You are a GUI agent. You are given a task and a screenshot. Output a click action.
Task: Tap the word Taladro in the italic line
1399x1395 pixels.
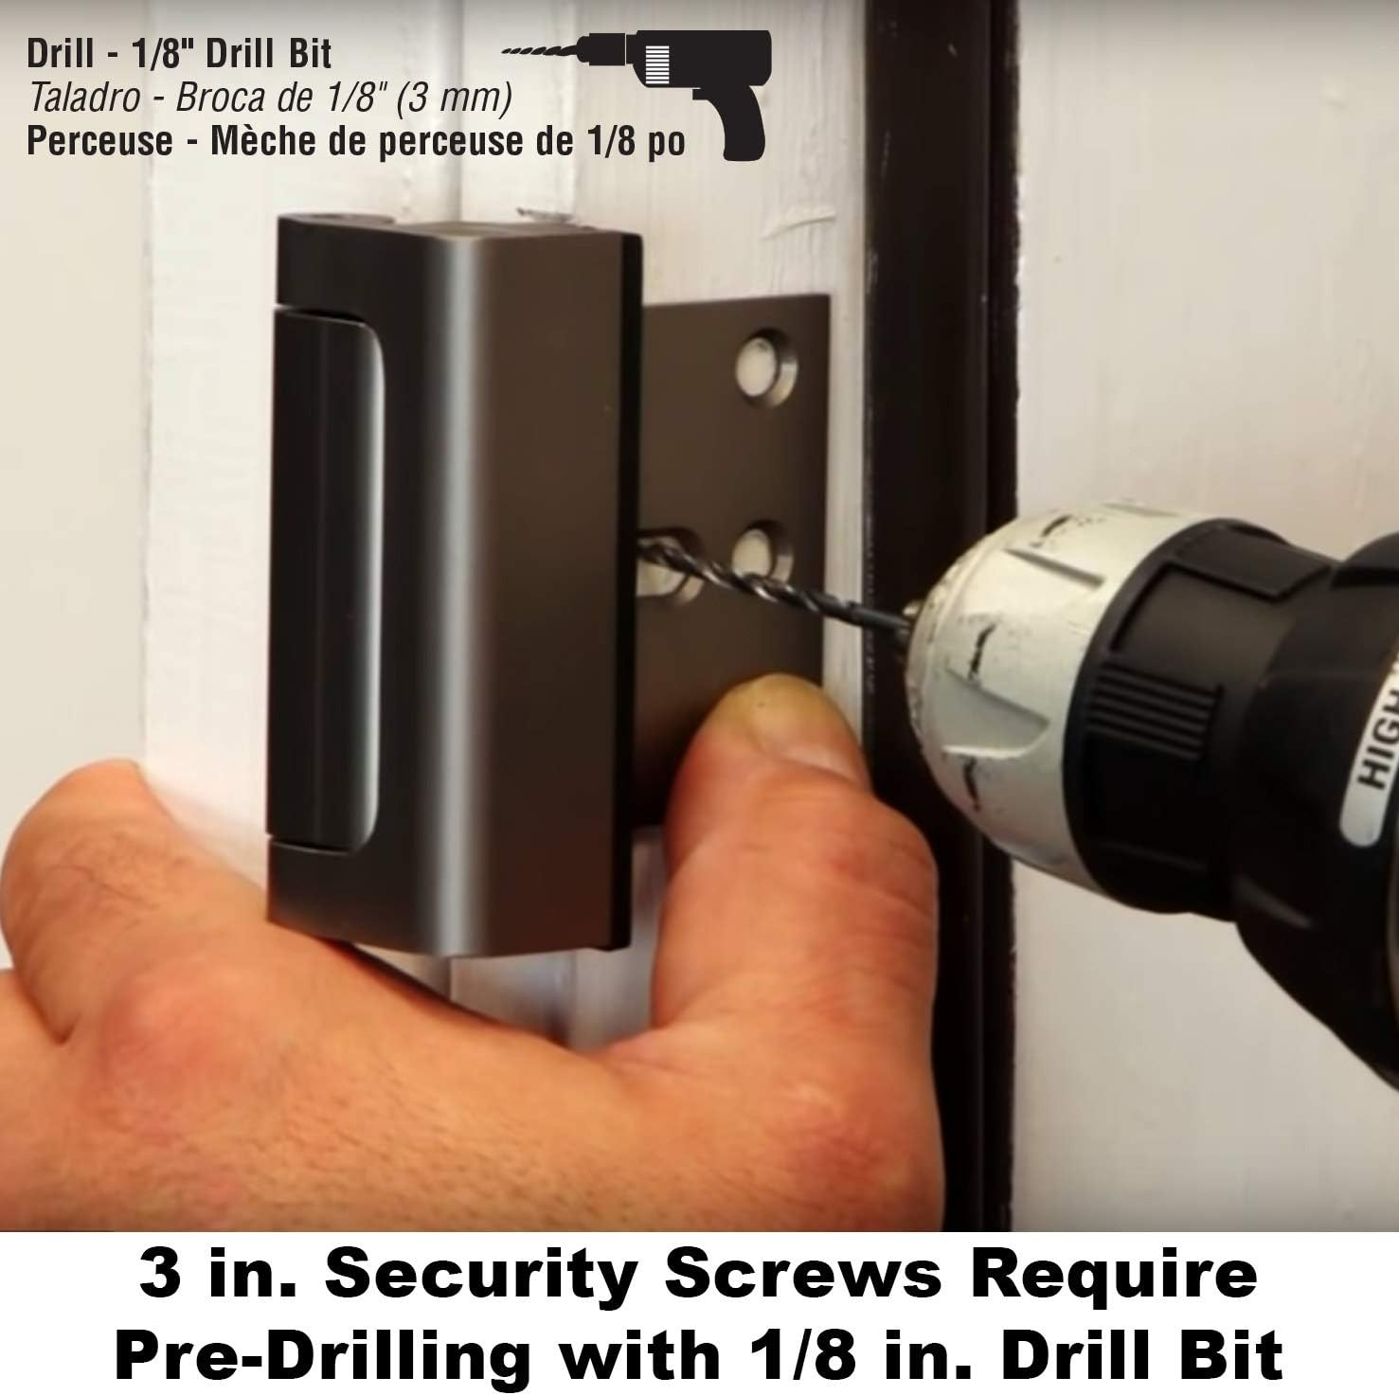tap(85, 97)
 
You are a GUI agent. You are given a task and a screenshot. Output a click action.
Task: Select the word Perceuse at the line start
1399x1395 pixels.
tap(100, 141)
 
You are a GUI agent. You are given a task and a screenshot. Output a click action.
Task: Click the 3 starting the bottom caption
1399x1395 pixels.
tap(157, 1275)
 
